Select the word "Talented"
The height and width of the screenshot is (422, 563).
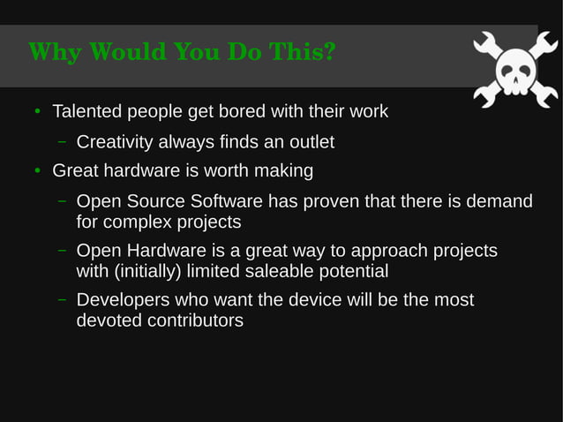coord(88,112)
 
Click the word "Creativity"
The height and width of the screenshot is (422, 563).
coord(116,141)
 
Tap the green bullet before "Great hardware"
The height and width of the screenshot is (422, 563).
coord(37,170)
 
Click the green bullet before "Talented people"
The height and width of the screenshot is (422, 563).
coord(37,113)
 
